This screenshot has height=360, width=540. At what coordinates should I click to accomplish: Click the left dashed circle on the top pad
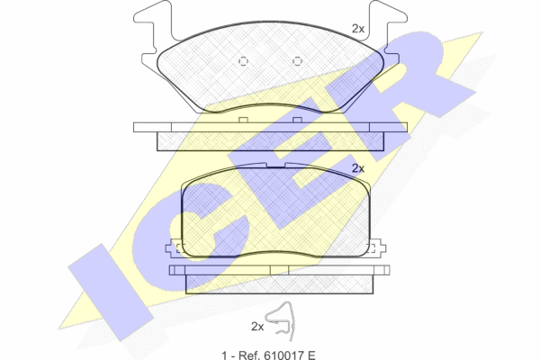click(243, 61)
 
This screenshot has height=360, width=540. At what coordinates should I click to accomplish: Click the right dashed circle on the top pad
click(297, 61)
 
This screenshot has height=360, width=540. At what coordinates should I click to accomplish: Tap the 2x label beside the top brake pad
click(358, 29)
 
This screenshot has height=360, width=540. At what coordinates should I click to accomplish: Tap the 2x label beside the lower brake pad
click(358, 168)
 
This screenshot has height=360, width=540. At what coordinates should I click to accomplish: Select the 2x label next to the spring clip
click(257, 326)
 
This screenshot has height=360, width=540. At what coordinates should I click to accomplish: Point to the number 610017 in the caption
click(283, 355)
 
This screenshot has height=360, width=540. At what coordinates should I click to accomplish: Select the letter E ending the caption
click(311, 355)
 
